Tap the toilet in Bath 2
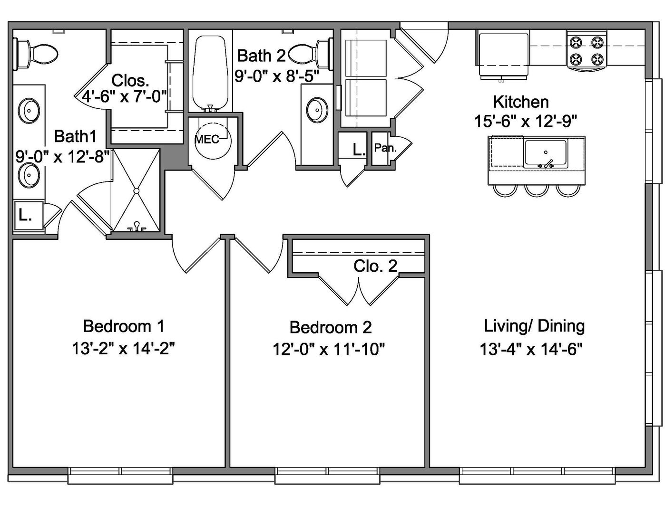pos(309,52)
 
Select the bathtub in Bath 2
pos(210,71)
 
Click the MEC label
pos(207,139)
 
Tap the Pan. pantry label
pos(385,148)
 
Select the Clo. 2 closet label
pos(375,266)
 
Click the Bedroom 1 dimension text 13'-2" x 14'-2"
pos(123,349)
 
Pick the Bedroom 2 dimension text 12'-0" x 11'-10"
pos(328,350)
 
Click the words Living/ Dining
pos(534,326)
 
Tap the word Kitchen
pos(520,102)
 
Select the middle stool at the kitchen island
pos(535,190)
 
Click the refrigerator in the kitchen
pos(503,55)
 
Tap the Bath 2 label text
pos(261,56)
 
